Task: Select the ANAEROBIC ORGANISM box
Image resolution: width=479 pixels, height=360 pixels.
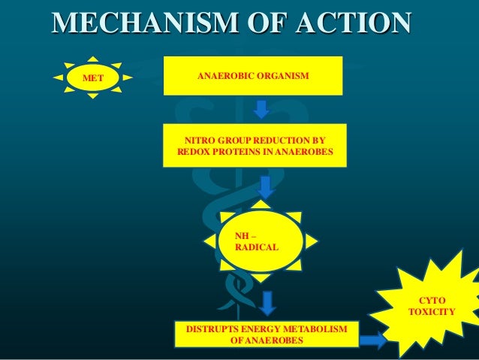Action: (x=254, y=76)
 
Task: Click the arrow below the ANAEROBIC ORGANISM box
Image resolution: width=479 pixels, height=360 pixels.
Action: (x=261, y=109)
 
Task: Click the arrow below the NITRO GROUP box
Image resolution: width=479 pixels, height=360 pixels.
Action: (x=265, y=186)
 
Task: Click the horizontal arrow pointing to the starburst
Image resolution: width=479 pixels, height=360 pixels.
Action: (x=373, y=340)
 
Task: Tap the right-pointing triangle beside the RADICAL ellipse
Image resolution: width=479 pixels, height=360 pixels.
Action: (x=312, y=241)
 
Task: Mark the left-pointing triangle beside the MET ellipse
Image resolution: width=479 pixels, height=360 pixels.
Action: (x=58, y=77)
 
